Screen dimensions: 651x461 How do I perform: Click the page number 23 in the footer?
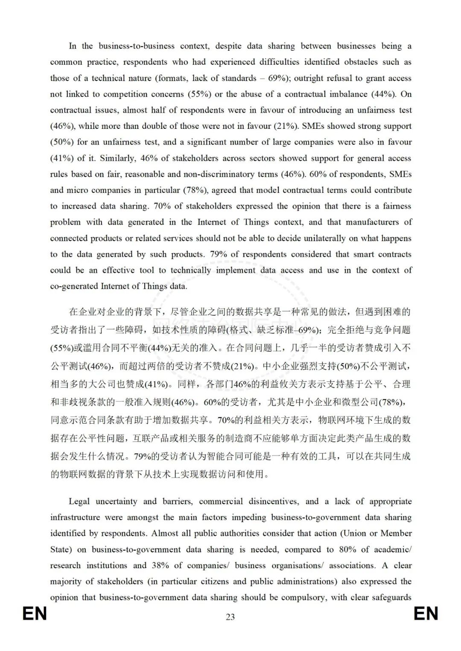tap(230, 617)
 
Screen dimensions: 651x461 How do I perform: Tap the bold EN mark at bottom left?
tap(35, 614)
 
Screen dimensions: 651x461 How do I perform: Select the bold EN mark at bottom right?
tap(426, 614)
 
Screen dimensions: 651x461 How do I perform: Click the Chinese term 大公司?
tap(102, 384)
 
